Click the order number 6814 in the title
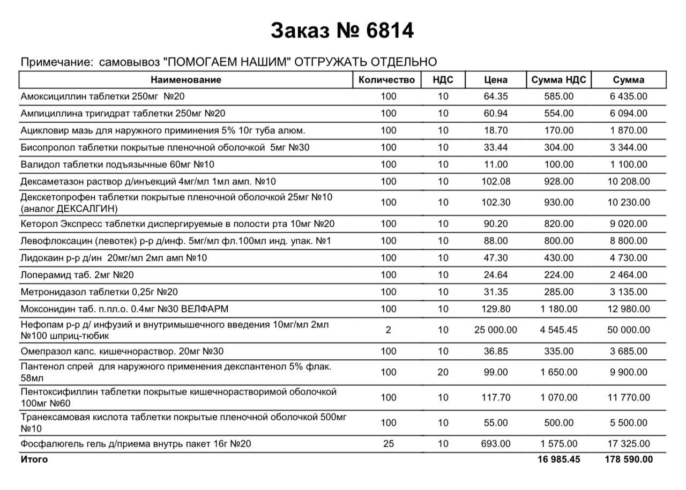390,31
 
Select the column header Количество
386,80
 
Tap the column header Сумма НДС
558,80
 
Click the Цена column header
495,80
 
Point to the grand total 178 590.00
629,459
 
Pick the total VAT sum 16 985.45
558,459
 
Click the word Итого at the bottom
34,459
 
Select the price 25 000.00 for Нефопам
495,330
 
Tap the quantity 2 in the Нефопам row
388,330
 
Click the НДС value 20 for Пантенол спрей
443,372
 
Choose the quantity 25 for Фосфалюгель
388,444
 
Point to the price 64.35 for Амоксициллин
495,96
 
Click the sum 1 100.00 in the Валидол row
629,165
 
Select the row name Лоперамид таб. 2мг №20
77,275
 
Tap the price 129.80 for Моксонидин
495,309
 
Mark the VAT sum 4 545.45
558,330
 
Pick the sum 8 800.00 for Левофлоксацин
629,241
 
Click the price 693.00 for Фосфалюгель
495,444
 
